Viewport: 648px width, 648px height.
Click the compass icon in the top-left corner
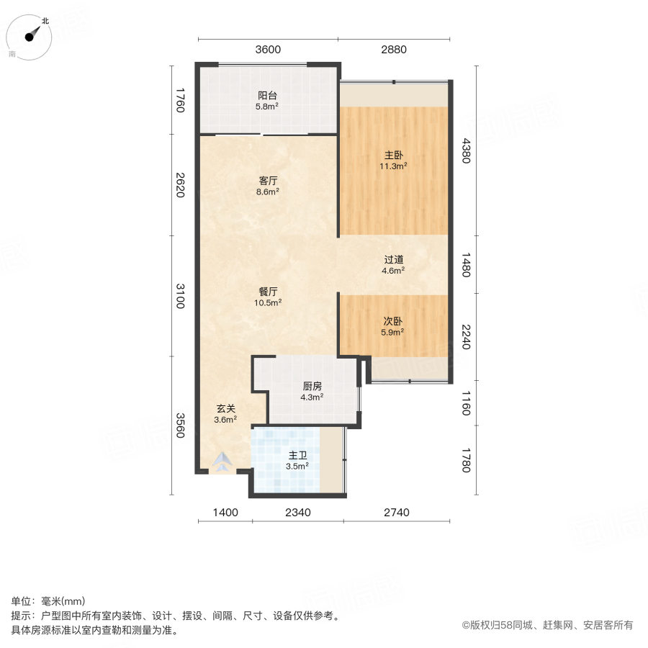tap(29, 37)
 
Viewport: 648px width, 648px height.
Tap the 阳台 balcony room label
tap(268, 95)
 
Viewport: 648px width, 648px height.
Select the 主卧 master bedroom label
tap(393, 154)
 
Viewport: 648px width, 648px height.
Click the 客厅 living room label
tap(268, 181)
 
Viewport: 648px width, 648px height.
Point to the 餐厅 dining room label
tap(268, 292)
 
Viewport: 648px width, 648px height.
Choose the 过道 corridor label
tap(393, 260)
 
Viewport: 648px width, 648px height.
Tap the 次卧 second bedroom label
tap(392, 321)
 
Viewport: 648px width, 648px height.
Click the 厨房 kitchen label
tap(312, 385)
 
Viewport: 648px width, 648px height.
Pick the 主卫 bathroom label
tap(297, 455)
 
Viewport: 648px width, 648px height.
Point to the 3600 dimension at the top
tap(268, 50)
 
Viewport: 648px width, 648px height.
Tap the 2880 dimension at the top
tap(394, 50)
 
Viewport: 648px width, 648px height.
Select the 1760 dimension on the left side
tap(180, 100)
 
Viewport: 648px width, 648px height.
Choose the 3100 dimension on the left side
tap(180, 296)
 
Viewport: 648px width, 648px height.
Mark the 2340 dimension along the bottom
tap(297, 513)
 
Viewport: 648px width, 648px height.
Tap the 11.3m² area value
tap(393, 166)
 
